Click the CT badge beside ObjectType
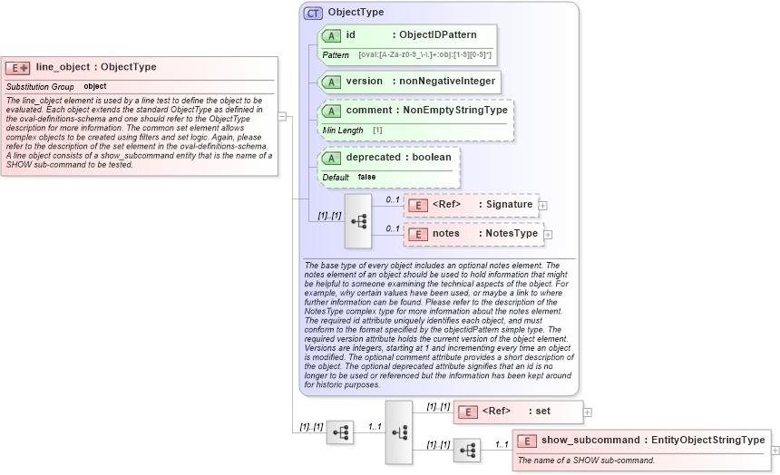[x=313, y=13]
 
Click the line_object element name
[x=63, y=67]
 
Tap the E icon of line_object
[x=17, y=68]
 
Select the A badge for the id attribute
[x=331, y=35]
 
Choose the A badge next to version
[x=331, y=82]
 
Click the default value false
[x=366, y=177]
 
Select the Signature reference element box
[x=471, y=205]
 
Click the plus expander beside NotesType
[x=548, y=235]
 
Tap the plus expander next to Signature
[x=543, y=206]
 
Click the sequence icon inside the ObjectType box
[x=358, y=220]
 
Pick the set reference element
[x=518, y=412]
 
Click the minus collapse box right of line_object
[x=282, y=116]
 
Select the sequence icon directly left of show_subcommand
[x=467, y=451]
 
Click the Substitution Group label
[x=40, y=86]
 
